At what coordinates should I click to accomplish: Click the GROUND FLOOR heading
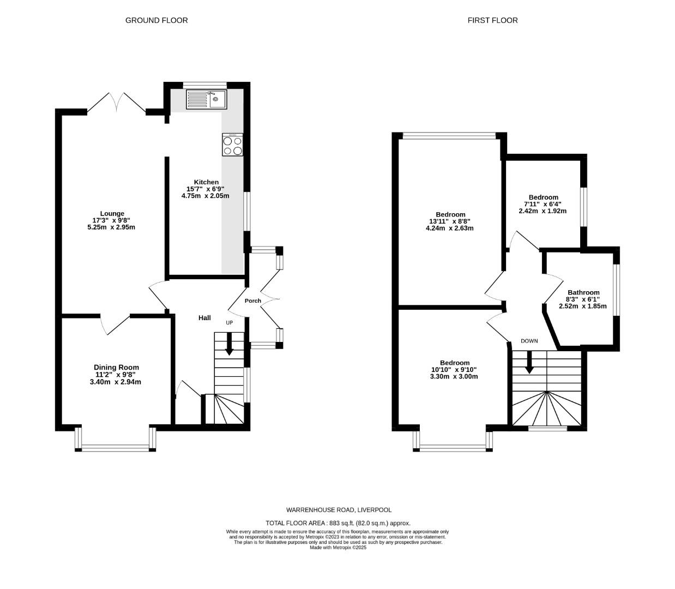[x=156, y=20]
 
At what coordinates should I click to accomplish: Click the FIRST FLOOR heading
[x=492, y=20]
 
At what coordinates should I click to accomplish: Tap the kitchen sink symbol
[x=206, y=99]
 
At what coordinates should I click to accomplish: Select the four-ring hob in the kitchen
[x=232, y=145]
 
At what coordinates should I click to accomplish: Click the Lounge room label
[x=112, y=213]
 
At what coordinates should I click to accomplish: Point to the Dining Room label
[x=116, y=367]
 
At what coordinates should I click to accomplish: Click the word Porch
[x=253, y=300]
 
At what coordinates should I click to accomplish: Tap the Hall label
[x=204, y=318]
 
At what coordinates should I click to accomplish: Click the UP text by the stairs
[x=230, y=323]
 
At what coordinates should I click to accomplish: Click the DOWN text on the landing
[x=529, y=341]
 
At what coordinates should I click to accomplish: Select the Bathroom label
[x=583, y=292]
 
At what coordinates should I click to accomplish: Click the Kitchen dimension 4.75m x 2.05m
[x=205, y=196]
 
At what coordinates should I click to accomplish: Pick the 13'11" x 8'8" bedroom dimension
[x=450, y=221]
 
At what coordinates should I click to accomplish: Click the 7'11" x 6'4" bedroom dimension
[x=543, y=204]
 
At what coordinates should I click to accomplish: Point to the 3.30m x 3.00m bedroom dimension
[x=454, y=376]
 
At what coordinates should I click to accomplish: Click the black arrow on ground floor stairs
[x=229, y=344]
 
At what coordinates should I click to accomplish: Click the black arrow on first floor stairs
[x=528, y=362]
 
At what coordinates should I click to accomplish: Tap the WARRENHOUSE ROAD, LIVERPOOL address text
[x=339, y=510]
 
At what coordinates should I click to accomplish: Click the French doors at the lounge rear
[x=116, y=104]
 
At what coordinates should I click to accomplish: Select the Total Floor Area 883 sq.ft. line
[x=338, y=523]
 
